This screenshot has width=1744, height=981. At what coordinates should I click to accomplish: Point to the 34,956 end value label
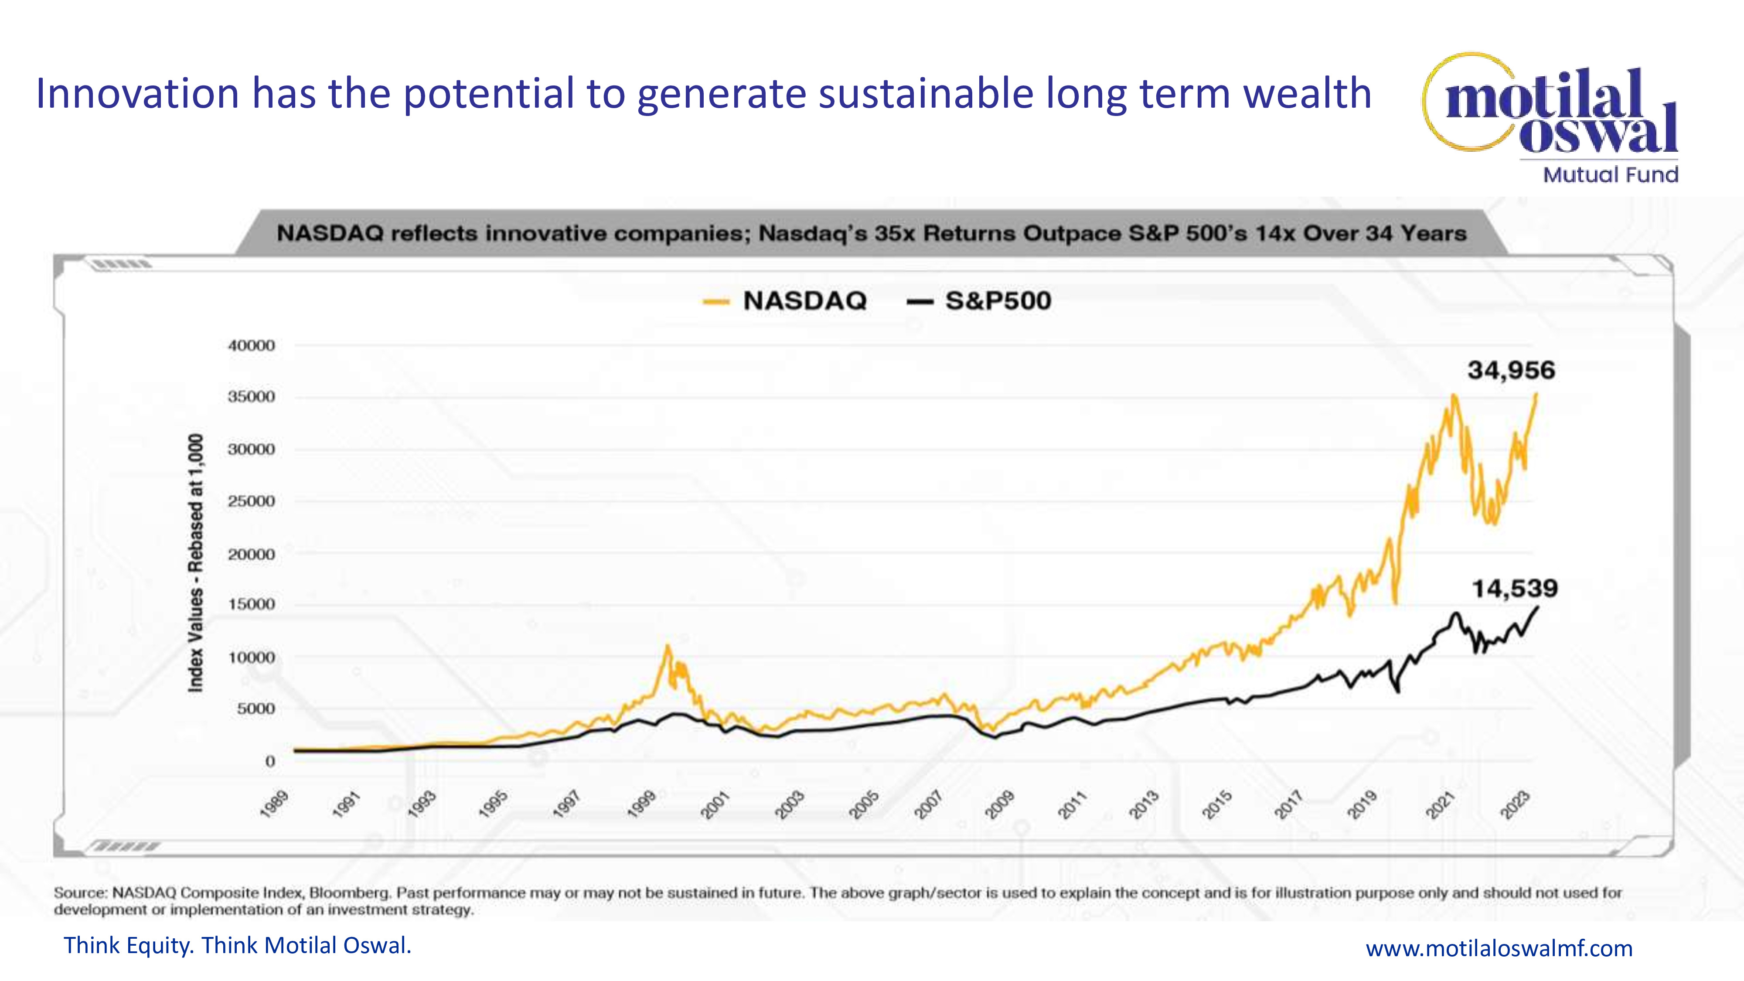(1511, 370)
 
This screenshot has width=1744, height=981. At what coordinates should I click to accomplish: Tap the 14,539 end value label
(1515, 588)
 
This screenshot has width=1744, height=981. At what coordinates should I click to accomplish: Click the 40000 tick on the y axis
(251, 345)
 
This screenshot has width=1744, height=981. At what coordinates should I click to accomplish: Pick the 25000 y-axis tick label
(251, 501)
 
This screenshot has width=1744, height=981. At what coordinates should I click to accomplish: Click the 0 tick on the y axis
(270, 761)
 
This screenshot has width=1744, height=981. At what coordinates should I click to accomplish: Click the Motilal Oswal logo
(1550, 108)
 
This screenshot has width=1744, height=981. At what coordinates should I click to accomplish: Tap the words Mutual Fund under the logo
(1610, 175)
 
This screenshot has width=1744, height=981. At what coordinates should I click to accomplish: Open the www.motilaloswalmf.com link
(1499, 948)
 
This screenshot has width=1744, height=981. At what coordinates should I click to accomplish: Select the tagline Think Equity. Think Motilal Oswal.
(237, 945)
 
